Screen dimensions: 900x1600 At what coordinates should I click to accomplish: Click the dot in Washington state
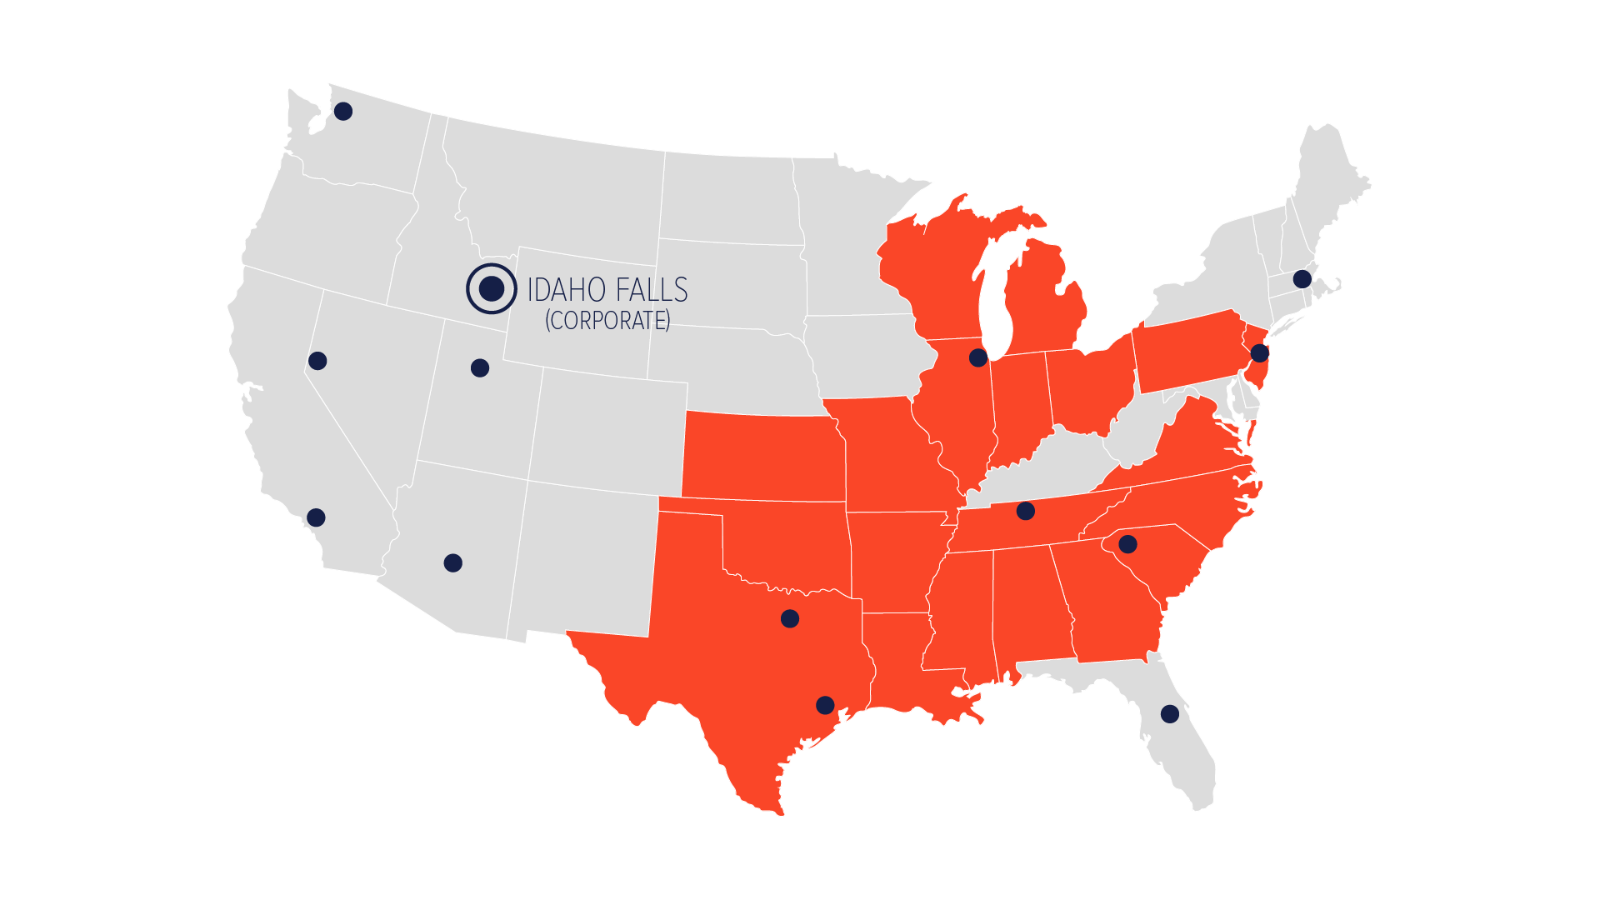343,111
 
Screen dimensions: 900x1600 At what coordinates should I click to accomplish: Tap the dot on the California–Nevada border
317,361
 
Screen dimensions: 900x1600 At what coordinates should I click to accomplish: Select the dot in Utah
480,367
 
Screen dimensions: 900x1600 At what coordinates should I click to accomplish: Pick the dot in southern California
316,517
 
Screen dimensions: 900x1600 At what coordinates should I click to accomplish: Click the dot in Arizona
453,563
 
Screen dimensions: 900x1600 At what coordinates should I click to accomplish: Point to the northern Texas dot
790,618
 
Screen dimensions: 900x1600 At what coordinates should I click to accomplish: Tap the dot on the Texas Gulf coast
825,705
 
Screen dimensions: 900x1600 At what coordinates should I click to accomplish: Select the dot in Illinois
978,357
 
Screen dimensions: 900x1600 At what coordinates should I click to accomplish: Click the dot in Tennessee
1026,511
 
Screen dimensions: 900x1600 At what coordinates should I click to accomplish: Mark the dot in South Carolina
1127,544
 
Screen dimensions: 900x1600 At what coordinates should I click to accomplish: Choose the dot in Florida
1170,713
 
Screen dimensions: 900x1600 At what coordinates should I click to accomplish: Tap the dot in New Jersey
1260,353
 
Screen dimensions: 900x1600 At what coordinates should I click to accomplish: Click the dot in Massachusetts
1302,279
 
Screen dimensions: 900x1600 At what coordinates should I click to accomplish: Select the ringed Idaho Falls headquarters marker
492,288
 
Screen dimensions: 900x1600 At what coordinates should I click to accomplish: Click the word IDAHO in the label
566,290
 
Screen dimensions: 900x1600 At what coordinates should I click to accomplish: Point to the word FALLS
652,290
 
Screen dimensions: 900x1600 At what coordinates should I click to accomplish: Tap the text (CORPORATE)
607,320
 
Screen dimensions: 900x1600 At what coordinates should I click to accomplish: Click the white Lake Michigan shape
994,300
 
